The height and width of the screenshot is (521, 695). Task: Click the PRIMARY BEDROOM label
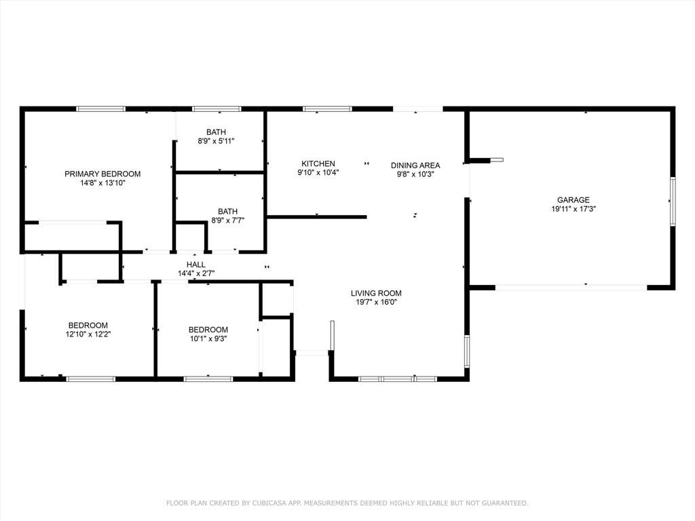(x=102, y=174)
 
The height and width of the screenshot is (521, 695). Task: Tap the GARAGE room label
(x=573, y=200)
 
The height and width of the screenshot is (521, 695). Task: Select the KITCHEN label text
(x=318, y=164)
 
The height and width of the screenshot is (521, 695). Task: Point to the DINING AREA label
(x=415, y=165)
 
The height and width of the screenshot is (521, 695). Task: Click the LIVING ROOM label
(x=376, y=293)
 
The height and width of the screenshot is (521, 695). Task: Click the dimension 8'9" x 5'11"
(x=217, y=141)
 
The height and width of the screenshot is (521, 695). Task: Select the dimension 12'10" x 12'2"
(x=88, y=334)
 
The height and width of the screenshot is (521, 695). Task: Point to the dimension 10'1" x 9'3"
(x=208, y=339)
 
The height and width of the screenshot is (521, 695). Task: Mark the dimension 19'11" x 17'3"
(x=573, y=210)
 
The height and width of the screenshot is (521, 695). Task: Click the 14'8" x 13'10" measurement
(x=102, y=183)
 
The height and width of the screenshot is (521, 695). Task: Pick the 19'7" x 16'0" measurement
(x=376, y=303)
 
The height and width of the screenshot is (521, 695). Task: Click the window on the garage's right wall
(x=673, y=201)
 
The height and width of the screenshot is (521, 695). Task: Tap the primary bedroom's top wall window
(x=100, y=109)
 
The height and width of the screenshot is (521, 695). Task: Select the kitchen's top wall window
(x=327, y=109)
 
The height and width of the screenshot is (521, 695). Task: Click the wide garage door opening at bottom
(x=571, y=288)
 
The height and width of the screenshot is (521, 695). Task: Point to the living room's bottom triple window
(x=398, y=379)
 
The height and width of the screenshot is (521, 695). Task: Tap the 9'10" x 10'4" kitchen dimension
(x=318, y=173)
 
